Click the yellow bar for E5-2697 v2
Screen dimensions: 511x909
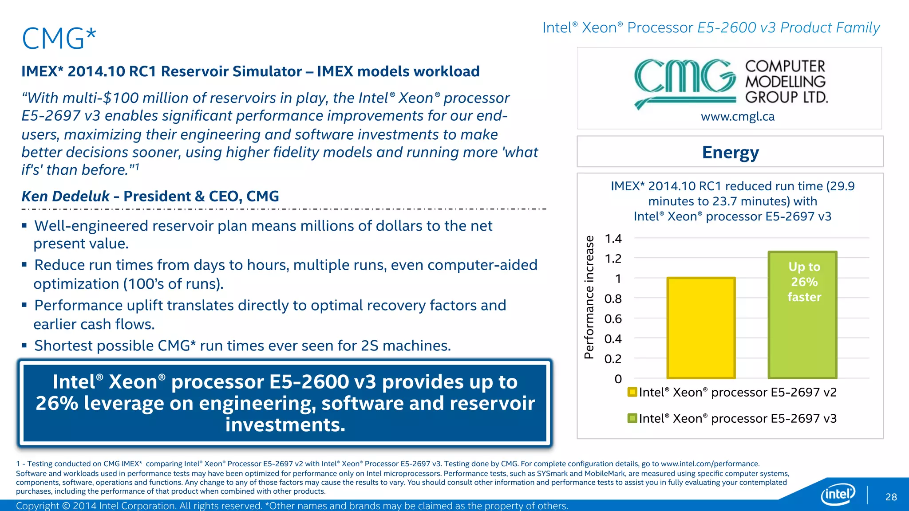[x=701, y=328]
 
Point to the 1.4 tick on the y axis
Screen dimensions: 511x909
[x=613, y=239]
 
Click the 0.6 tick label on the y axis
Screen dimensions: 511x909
[x=613, y=319]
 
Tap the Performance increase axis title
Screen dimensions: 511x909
[x=589, y=297]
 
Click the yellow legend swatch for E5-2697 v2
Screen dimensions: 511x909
[x=632, y=392]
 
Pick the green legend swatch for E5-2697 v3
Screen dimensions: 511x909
[x=632, y=418]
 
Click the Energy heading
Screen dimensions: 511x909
[x=730, y=152]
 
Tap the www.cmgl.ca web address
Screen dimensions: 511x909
[x=738, y=117]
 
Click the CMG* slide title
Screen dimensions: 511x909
[x=59, y=38]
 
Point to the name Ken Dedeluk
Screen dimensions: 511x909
[x=66, y=196]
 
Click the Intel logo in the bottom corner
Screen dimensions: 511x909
[x=838, y=494]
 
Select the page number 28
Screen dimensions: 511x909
[x=891, y=497]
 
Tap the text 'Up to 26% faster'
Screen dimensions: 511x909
[x=804, y=282]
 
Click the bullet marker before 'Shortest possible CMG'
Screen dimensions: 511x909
[x=24, y=346]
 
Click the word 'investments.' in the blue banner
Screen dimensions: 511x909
[x=285, y=425]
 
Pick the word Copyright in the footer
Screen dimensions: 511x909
[x=37, y=506]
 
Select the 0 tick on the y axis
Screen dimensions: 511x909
[x=618, y=379]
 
